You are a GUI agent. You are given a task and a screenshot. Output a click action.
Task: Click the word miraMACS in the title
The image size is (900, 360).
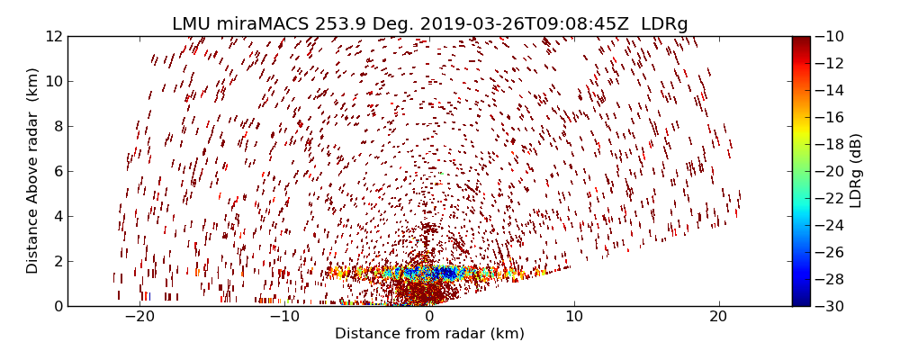click(265, 24)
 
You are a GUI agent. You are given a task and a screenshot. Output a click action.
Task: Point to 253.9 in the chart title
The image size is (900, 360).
click(339, 24)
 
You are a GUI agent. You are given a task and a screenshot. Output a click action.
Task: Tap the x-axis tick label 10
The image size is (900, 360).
click(574, 318)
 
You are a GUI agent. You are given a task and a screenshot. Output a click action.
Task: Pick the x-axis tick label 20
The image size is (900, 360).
click(718, 318)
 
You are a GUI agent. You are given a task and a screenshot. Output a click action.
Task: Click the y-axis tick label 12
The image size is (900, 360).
click(53, 37)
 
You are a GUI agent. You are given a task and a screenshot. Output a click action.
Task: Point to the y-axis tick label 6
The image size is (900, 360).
click(57, 171)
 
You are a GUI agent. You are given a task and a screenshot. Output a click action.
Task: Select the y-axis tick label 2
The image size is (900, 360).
click(57, 261)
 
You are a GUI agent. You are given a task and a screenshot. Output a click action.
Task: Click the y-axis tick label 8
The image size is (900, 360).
click(57, 126)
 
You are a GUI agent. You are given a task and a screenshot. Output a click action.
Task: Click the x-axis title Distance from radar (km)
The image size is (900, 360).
click(429, 334)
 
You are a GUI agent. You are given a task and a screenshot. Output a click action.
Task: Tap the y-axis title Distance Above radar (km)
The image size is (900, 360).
click(33, 171)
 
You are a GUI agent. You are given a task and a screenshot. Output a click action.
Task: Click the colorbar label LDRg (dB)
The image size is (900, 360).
click(856, 171)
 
